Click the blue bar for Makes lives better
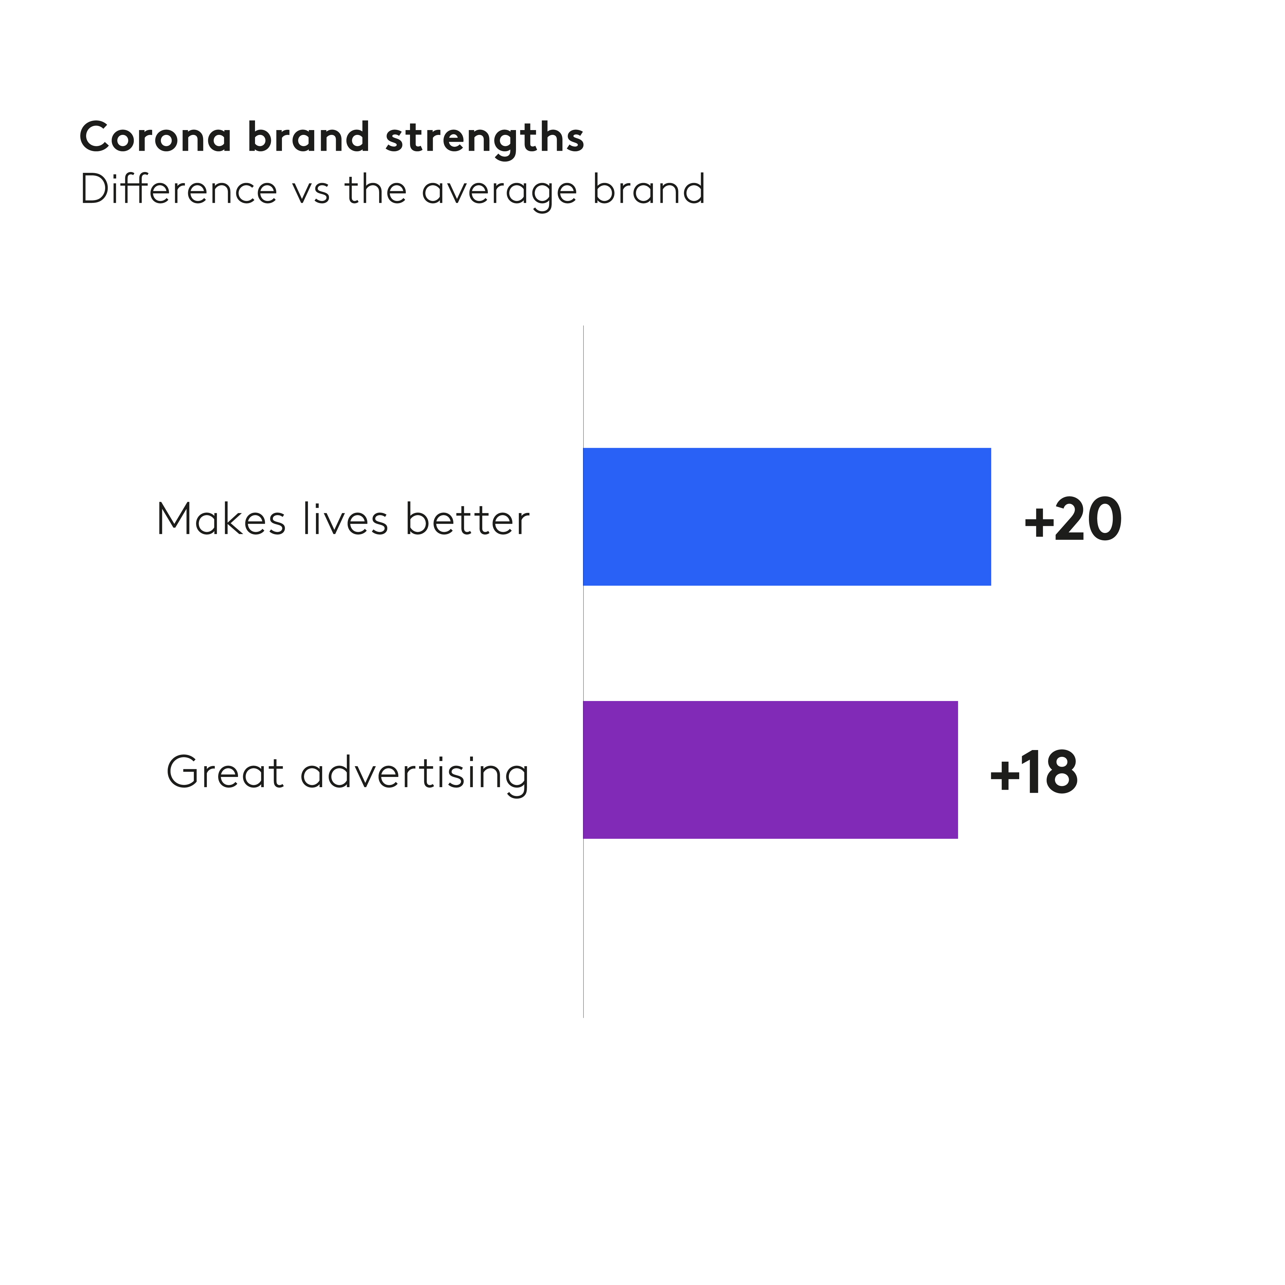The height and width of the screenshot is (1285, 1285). pyautogui.click(x=787, y=517)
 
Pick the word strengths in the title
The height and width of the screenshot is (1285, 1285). pyautogui.click(x=484, y=138)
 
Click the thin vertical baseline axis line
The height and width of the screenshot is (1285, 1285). pyautogui.click(x=583, y=931)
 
